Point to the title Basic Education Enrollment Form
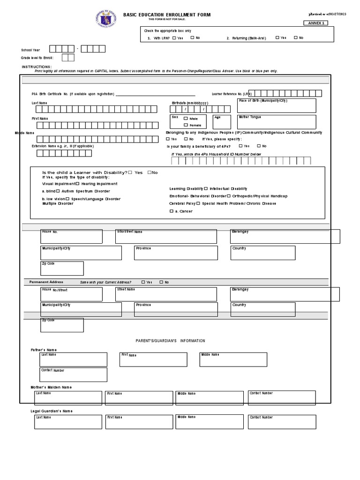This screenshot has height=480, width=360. (167, 15)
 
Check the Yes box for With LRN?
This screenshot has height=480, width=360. (174, 38)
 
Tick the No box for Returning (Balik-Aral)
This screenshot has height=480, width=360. (296, 37)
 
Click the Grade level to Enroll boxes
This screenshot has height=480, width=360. (68, 58)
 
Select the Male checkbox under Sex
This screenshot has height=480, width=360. (186, 119)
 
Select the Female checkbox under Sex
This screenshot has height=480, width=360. (186, 125)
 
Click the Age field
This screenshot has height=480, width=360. (222, 122)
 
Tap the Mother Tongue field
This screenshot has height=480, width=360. (277, 122)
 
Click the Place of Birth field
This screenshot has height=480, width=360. (277, 106)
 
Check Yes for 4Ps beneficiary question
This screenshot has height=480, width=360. (240, 146)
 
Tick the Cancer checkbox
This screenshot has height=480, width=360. (171, 211)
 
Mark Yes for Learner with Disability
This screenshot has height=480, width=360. (130, 172)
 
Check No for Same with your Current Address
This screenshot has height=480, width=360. (161, 282)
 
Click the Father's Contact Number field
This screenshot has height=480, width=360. (73, 375)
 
